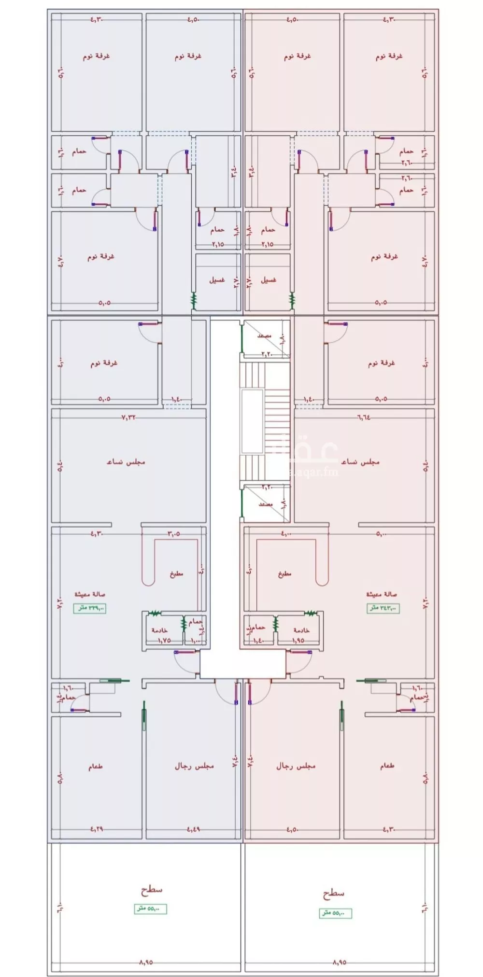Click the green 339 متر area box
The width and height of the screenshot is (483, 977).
coord(89,608)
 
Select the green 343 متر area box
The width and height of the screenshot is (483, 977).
coord(383,608)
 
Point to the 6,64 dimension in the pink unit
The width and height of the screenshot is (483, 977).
coord(363,417)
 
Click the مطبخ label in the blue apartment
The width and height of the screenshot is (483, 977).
coord(176,574)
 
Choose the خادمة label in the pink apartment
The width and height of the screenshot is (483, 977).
coord(301,630)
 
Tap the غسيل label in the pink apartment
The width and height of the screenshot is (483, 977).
coord(268,280)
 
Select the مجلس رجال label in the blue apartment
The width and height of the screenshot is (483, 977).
coord(194,766)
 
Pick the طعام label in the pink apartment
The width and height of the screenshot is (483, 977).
coord(386,766)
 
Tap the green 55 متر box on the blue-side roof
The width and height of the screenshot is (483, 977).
coord(150,909)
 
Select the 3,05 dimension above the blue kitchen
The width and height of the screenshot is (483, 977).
coord(173,534)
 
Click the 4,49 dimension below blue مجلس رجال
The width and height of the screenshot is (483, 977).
coord(194,829)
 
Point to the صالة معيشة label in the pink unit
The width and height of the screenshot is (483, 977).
coord(381,594)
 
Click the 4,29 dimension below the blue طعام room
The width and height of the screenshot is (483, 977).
coord(96,829)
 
